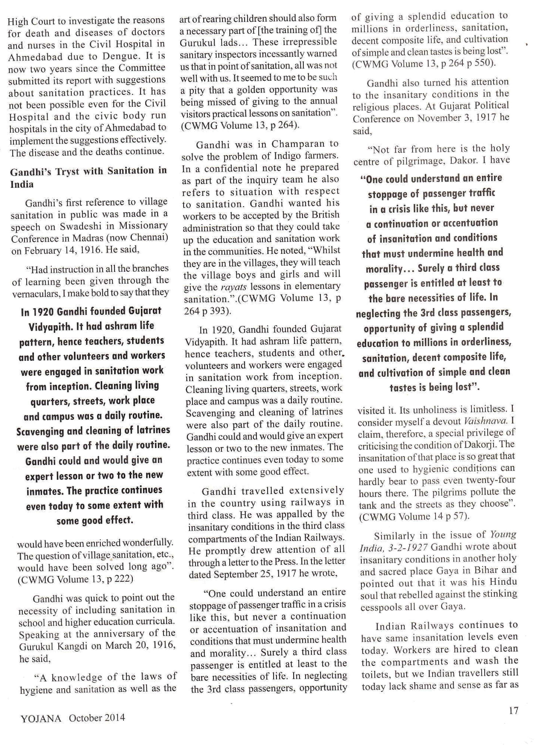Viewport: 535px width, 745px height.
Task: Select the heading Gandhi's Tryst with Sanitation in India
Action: pyautogui.click(x=88, y=177)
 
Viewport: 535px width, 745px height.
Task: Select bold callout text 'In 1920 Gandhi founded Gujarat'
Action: pyautogui.click(x=91, y=311)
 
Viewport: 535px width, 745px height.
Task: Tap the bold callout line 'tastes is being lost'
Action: pyautogui.click(x=434, y=388)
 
